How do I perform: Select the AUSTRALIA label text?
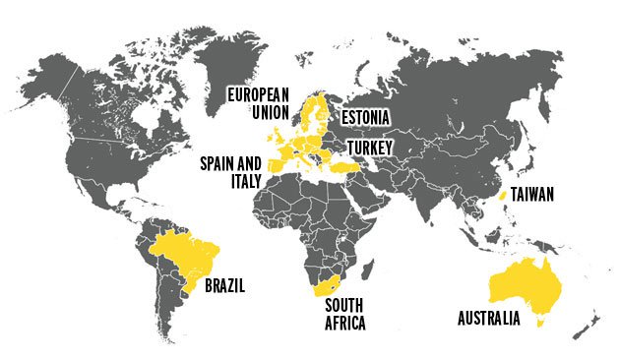[497, 318]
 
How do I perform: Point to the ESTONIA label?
[366, 118]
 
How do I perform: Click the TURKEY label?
[370, 147]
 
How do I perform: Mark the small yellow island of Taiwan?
[502, 197]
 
